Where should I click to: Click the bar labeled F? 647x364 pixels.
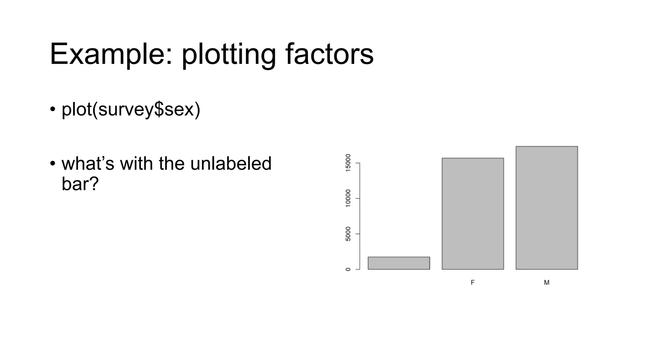click(x=473, y=214)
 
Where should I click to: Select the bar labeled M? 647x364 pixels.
click(x=547, y=208)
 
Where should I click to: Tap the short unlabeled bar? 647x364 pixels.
click(x=399, y=263)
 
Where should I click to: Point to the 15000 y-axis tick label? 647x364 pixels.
click(x=348, y=163)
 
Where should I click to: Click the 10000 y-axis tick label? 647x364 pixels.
click(x=348, y=198)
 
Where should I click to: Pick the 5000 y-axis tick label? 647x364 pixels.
click(x=348, y=234)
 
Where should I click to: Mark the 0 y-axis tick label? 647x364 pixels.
click(x=348, y=269)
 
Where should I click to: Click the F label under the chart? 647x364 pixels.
click(x=473, y=282)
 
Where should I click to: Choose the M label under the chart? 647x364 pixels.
click(x=547, y=282)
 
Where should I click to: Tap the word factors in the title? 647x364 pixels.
click(x=330, y=54)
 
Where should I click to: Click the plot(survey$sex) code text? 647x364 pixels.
click(x=131, y=110)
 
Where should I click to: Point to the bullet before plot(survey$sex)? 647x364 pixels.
click(x=53, y=110)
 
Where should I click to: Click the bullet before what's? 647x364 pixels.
click(x=53, y=164)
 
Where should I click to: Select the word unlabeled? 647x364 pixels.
click(x=231, y=164)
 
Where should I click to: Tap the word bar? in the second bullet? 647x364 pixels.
click(x=80, y=184)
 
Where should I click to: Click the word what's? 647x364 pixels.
click(x=88, y=164)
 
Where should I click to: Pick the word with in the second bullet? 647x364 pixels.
click(x=136, y=164)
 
